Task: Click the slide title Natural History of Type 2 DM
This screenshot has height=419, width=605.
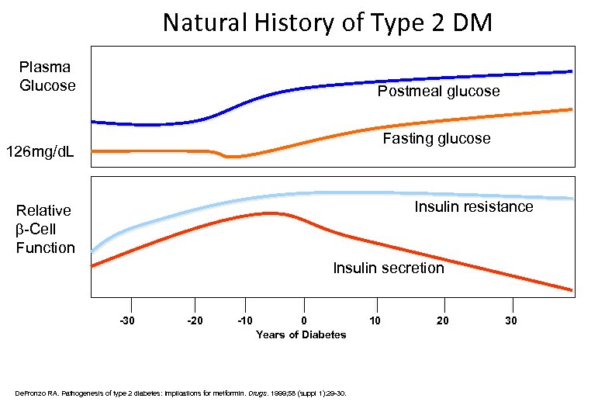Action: point(327,23)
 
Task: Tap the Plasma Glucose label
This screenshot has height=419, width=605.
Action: point(47,76)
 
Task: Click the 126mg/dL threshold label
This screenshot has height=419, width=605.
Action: point(40,151)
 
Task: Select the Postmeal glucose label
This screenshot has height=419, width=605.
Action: point(438,92)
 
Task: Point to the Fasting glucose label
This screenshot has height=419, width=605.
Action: point(436,139)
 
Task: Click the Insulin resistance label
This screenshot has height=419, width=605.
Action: point(473,206)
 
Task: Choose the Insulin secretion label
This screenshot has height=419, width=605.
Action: point(388,268)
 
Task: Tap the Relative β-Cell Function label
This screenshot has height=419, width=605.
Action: point(45,229)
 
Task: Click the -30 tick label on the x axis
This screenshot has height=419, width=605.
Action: point(126,320)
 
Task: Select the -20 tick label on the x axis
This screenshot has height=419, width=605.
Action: point(195,320)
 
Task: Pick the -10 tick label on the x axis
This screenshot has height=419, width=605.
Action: point(245,320)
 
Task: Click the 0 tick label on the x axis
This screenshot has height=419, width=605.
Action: point(304,320)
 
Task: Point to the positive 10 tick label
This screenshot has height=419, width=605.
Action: point(375,320)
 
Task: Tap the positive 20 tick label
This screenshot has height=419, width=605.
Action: point(442,320)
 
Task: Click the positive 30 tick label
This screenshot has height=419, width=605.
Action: point(510,320)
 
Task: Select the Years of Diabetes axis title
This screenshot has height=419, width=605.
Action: point(301,334)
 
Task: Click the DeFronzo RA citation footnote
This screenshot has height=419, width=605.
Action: point(181,393)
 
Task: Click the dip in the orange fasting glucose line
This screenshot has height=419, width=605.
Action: point(232,157)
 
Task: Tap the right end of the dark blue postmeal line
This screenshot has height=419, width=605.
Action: point(570,71)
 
